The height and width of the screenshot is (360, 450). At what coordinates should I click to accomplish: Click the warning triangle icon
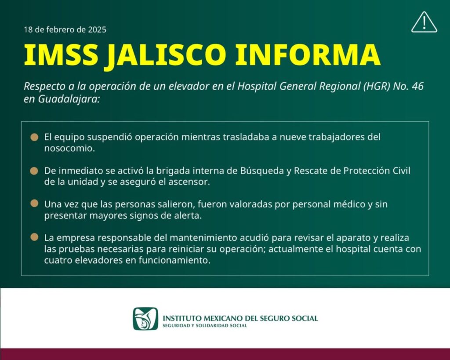(x=424, y=22)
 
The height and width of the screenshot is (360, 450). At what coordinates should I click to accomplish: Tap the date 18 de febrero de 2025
(x=65, y=29)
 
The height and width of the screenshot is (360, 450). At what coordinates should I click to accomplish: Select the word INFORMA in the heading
(x=308, y=55)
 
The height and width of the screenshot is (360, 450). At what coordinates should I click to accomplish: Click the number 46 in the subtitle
(x=417, y=86)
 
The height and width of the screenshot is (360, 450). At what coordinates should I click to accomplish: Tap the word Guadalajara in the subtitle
(x=69, y=99)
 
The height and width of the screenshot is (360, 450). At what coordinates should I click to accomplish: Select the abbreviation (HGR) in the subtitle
(x=376, y=86)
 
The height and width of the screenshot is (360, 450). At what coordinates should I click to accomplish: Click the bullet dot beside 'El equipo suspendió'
(x=34, y=137)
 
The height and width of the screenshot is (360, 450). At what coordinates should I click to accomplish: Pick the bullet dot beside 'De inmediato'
(x=34, y=171)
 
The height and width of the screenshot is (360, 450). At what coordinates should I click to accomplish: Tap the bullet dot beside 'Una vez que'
(x=34, y=204)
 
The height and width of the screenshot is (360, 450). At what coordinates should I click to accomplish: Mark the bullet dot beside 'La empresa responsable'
(x=34, y=237)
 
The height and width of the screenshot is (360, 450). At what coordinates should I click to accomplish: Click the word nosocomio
(x=69, y=149)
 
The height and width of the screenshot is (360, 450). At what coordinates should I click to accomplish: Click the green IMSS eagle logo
(x=145, y=319)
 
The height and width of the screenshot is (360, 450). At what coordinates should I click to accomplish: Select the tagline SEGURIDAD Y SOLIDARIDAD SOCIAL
(x=205, y=326)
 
